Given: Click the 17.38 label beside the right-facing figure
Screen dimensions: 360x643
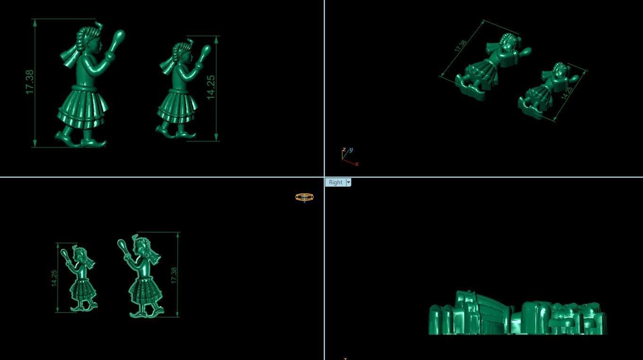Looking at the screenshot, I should point(29,82).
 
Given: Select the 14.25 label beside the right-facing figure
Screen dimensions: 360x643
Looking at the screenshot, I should point(211,87).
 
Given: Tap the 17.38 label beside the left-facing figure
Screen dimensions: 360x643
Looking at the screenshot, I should point(174,275).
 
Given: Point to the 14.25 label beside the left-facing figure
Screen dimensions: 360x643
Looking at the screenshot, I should point(54,278).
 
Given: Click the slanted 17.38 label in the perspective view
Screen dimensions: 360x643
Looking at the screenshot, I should point(461,45).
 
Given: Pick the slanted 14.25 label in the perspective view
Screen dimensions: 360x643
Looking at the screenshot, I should point(567,92).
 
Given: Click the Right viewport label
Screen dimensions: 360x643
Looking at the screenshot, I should point(336,182).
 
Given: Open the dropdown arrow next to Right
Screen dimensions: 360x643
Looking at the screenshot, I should point(348,182).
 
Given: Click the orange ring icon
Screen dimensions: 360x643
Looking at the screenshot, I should point(305,197).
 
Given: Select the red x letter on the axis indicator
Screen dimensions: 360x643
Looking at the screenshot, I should point(356,164).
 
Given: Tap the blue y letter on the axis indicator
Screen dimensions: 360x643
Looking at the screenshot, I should point(351,150).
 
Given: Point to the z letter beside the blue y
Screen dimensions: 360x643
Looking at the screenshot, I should point(344,150).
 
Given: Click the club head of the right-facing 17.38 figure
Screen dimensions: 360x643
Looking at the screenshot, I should point(119,36).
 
